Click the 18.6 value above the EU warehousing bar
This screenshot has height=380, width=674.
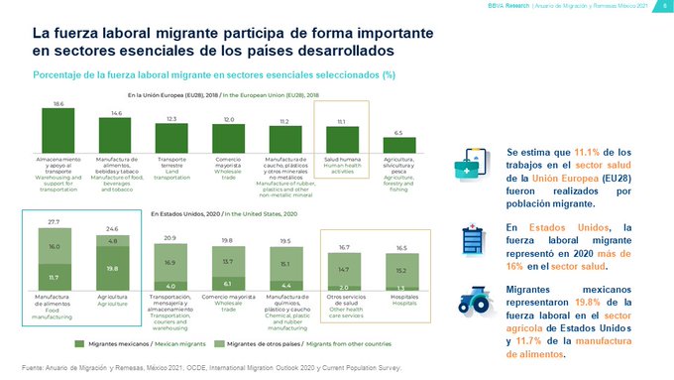58,103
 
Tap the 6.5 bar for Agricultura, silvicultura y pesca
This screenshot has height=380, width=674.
398,145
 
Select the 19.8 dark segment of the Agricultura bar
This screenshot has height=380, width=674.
111,267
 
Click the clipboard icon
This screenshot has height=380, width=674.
471,237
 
